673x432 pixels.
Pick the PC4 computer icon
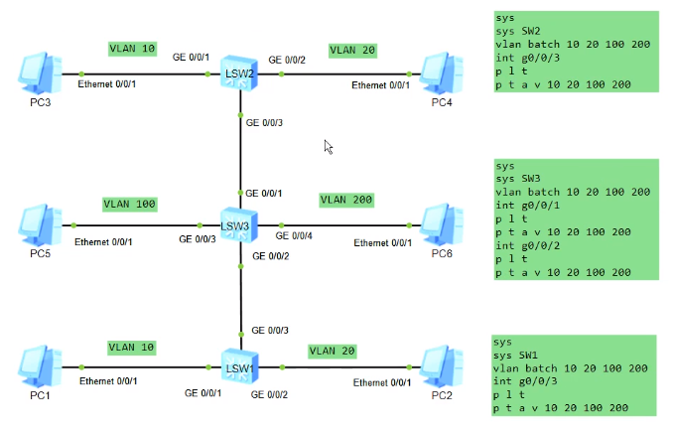point(441,72)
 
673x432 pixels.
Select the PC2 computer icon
point(441,365)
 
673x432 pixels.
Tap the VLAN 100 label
point(130,204)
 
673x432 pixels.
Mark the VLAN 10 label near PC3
point(132,48)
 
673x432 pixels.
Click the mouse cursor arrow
point(328,147)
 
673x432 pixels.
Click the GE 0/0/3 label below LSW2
point(265,123)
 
